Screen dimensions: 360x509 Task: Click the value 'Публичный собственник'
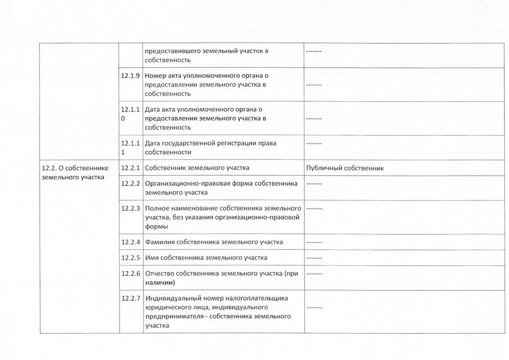tap(345, 168)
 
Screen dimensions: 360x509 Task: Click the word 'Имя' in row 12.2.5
tap(152, 258)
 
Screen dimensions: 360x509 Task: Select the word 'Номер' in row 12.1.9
tap(156, 76)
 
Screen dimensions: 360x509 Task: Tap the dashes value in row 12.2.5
tap(314, 258)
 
